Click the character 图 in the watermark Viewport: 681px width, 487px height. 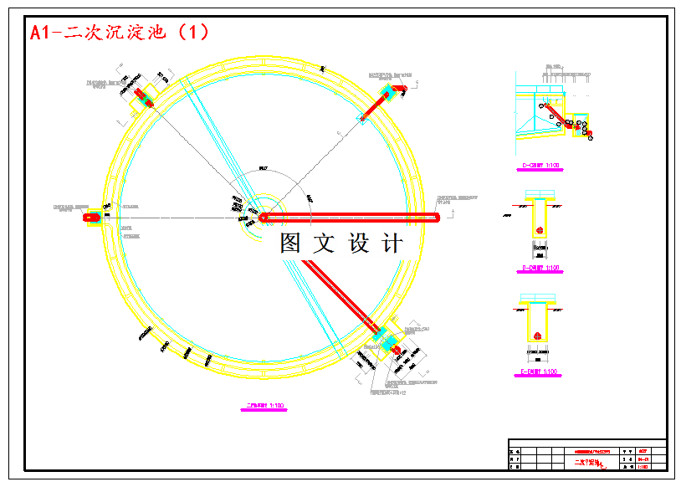pyautogui.click(x=290, y=243)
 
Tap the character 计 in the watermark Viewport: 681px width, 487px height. pyautogui.click(x=392, y=243)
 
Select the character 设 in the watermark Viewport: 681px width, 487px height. pyautogui.click(x=358, y=243)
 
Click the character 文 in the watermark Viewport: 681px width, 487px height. pyautogui.click(x=324, y=243)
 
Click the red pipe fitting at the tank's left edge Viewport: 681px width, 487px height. pyautogui.click(x=92, y=218)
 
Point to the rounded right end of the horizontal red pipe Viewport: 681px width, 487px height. pyautogui.click(x=436, y=218)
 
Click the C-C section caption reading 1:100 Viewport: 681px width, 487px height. pyautogui.click(x=540, y=166)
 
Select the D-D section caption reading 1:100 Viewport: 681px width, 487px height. pyautogui.click(x=540, y=269)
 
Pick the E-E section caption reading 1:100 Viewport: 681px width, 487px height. pyautogui.click(x=540, y=371)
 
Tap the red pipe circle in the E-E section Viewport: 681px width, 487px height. pyautogui.click(x=536, y=336)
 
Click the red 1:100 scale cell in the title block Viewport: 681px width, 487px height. pyautogui.click(x=643, y=466)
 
